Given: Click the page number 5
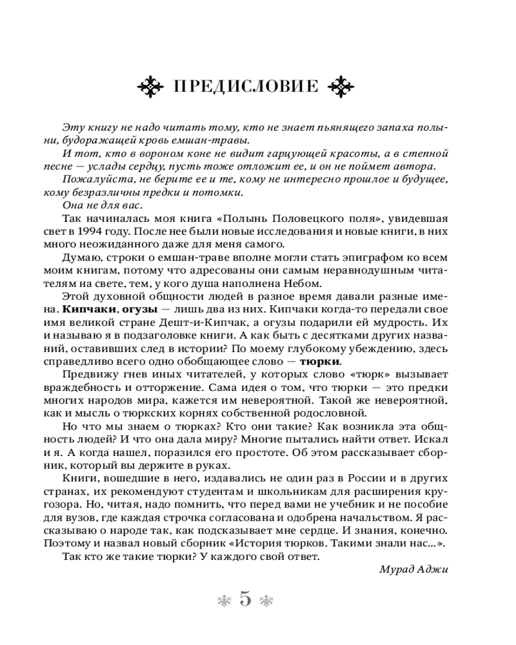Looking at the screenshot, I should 245,599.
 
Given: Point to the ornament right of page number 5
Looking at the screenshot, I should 266,600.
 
